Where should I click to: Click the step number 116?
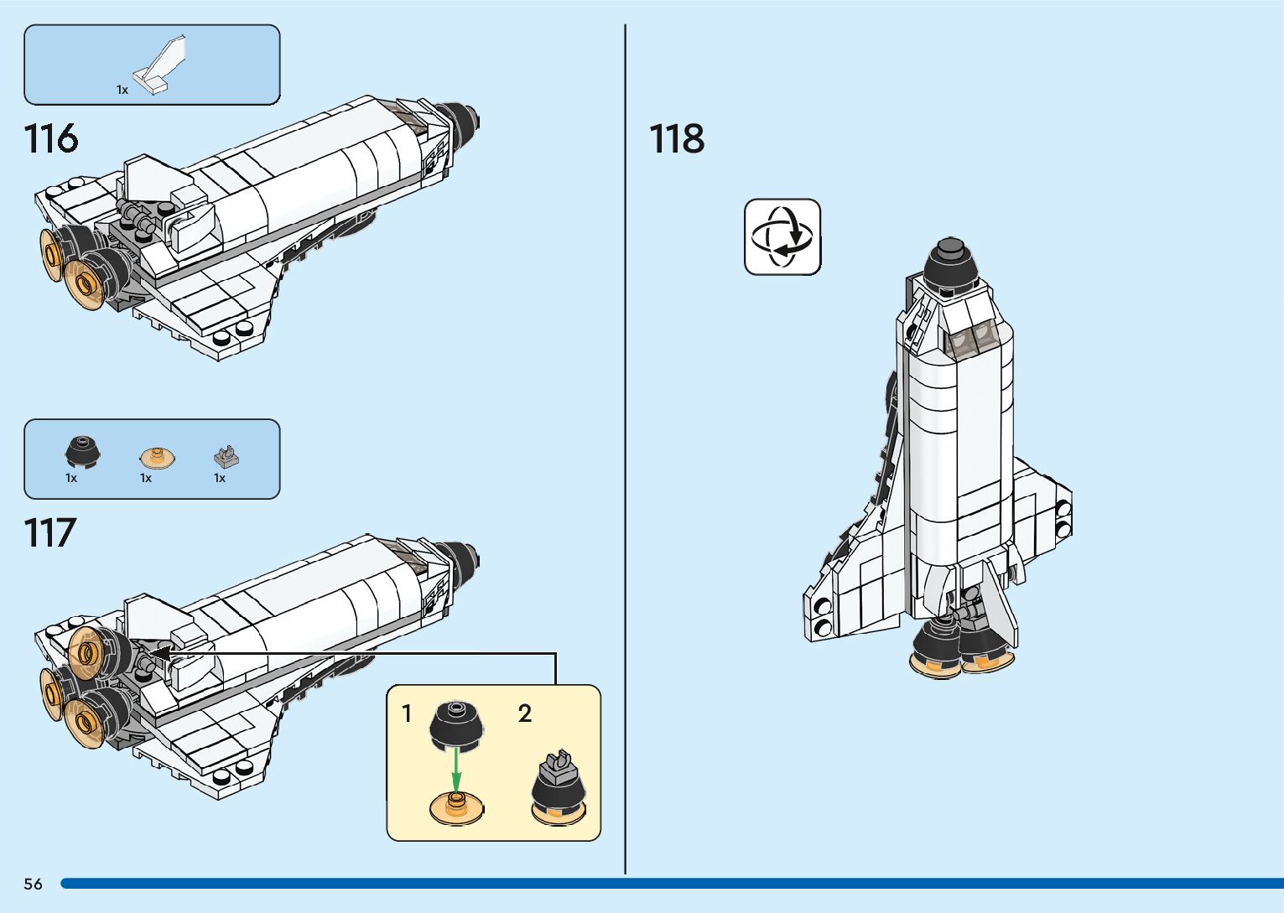[51, 139]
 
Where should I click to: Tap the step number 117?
[50, 533]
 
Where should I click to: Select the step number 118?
[677, 139]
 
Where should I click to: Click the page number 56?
[34, 884]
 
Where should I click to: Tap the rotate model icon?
[782, 237]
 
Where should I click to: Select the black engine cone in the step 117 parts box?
[82, 452]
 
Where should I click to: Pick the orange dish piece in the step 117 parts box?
[156, 457]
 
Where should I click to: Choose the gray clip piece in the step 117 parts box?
[225, 456]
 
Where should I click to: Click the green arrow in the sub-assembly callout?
[455, 768]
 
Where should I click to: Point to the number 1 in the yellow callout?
[407, 713]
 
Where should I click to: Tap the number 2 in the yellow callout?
[525, 713]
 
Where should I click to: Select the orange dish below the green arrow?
[455, 808]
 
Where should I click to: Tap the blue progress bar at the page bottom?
[671, 884]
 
